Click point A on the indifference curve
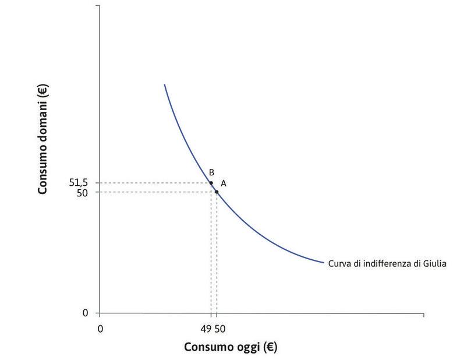(x=217, y=192)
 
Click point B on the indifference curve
(x=211, y=183)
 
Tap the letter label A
(x=223, y=183)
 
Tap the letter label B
(x=212, y=172)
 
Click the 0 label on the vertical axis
(x=86, y=313)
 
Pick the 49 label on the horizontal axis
(x=208, y=329)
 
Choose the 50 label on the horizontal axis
(x=220, y=329)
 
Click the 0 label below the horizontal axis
(x=100, y=329)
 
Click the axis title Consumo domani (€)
(x=43, y=139)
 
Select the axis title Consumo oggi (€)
(x=231, y=347)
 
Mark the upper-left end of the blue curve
(x=165, y=85)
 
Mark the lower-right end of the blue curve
(x=323, y=263)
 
